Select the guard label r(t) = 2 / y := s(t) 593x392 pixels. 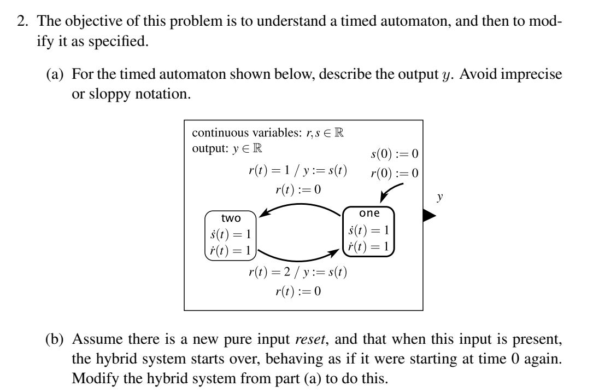(x=297, y=272)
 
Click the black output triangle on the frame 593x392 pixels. (x=430, y=216)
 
